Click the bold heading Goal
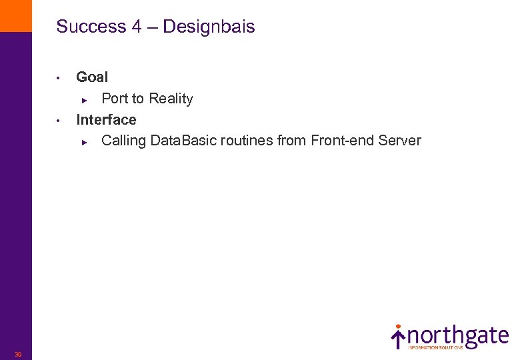click(92, 77)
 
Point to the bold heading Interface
click(106, 120)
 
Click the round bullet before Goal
click(59, 78)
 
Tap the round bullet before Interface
click(59, 121)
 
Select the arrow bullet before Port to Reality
click(84, 100)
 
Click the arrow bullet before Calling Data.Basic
click(84, 142)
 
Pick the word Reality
click(170, 99)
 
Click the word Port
click(114, 99)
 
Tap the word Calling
click(124, 141)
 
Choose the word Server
click(399, 141)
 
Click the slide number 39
click(18, 354)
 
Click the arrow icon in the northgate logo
click(398, 337)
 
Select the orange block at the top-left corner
click(15, 15)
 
